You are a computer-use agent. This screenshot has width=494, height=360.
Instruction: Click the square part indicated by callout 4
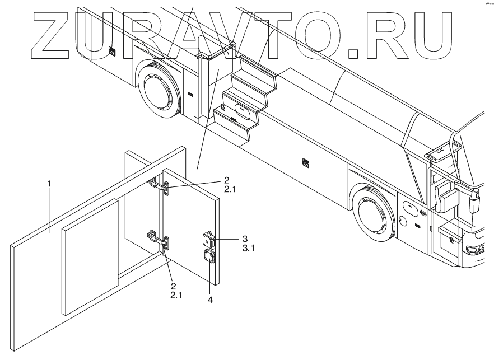(x=209, y=257)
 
